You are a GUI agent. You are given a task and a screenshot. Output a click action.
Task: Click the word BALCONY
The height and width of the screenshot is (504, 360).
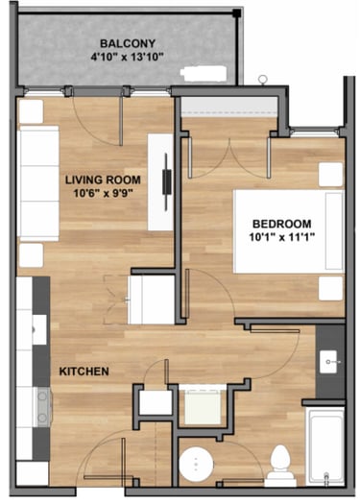[128, 43]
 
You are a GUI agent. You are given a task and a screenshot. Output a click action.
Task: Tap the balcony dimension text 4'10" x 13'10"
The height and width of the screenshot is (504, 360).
[128, 58]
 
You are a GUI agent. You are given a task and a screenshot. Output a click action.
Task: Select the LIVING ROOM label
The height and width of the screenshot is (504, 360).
[103, 180]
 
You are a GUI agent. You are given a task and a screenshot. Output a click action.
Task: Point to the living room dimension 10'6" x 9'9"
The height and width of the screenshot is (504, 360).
[103, 193]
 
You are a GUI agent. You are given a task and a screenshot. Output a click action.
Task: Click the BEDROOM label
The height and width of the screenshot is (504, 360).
[282, 224]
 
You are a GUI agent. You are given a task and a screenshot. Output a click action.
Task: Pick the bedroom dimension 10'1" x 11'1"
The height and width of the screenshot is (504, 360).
[282, 237]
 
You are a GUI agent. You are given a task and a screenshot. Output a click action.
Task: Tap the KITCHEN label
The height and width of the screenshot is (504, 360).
[84, 372]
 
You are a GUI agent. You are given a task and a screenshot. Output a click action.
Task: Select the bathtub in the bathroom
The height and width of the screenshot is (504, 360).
[324, 446]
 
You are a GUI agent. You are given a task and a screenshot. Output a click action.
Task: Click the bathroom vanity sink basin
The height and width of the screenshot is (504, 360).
[328, 362]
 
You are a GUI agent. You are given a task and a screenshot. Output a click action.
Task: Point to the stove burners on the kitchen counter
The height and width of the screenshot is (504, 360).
[42, 407]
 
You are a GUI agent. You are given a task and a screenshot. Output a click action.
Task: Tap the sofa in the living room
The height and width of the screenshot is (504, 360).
[39, 183]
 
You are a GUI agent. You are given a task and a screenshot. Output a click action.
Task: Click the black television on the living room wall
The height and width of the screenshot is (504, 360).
[166, 182]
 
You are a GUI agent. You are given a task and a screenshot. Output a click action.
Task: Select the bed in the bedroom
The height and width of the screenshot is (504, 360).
[289, 231]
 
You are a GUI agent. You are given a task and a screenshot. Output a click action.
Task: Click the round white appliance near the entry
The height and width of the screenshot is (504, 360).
[196, 464]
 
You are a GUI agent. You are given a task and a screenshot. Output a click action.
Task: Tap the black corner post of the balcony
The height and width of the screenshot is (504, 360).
[237, 13]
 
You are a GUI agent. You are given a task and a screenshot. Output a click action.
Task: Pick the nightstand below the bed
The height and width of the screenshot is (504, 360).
[330, 288]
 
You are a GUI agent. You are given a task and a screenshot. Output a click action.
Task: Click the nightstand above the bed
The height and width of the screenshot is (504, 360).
[330, 174]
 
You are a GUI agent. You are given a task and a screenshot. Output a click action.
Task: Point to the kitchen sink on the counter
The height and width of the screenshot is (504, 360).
[40, 330]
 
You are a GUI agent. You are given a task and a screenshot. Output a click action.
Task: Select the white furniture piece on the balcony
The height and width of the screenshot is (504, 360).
[204, 74]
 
